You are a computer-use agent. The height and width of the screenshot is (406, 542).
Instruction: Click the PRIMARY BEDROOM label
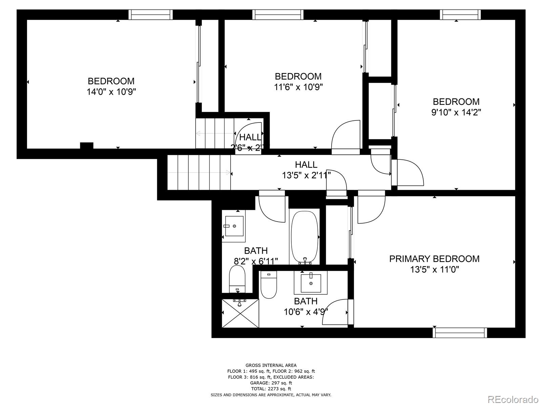434,259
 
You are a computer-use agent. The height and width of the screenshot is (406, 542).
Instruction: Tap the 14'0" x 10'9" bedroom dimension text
111,92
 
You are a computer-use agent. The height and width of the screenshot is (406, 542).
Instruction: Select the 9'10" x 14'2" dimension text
456,112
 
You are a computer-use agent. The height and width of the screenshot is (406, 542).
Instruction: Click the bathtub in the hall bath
304,237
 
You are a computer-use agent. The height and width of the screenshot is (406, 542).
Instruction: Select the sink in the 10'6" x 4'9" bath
311,283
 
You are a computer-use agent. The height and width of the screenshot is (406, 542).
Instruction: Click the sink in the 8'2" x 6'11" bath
234,226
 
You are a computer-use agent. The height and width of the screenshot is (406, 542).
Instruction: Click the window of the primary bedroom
460,333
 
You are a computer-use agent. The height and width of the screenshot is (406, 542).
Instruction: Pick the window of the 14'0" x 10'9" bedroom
150,15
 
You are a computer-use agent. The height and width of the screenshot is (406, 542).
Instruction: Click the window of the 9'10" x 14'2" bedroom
460,15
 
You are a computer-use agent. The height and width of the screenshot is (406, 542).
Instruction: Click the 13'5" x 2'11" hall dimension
306,175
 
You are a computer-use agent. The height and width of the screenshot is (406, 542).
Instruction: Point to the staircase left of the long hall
199,173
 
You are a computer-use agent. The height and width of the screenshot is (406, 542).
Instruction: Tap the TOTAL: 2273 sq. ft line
271,389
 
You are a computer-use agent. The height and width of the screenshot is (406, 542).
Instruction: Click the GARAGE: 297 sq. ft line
271,383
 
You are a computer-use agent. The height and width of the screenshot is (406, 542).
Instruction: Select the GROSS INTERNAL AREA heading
271,365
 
